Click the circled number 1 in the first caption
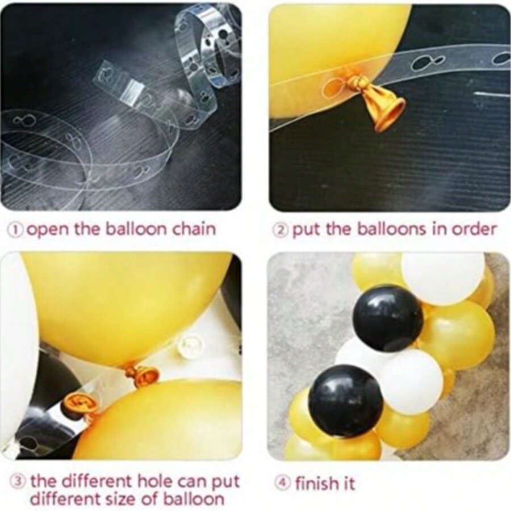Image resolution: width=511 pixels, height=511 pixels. coord(16,229)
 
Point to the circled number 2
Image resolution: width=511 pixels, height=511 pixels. coord(281,229)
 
